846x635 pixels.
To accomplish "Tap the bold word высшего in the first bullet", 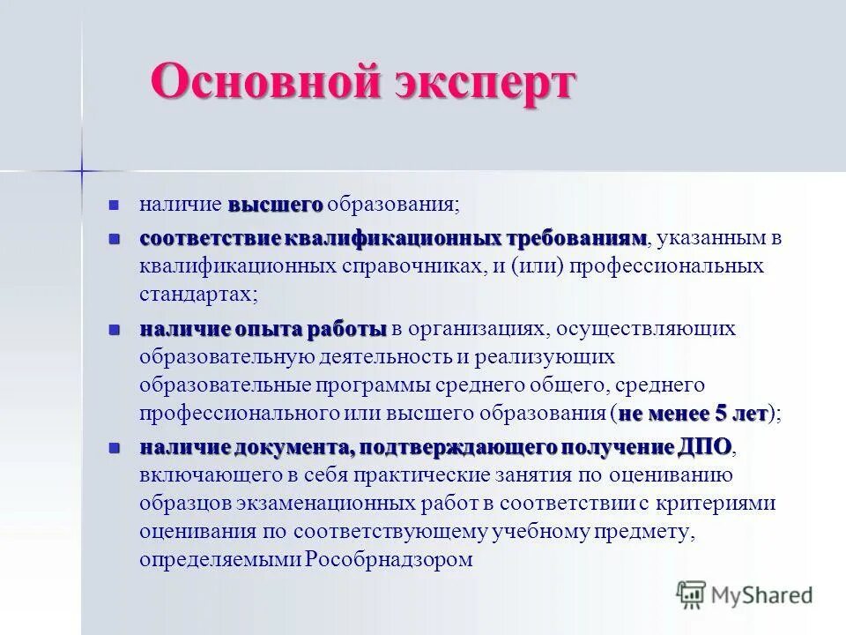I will coord(276,205).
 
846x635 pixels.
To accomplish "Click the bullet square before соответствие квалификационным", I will coord(113,239).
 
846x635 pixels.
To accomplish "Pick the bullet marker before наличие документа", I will coord(113,447).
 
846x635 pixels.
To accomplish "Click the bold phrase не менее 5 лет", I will coord(692,413).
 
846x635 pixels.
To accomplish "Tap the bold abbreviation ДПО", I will coord(705,447).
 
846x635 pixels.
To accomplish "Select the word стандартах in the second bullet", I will coord(196,295).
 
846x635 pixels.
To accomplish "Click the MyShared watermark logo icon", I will coord(692,595).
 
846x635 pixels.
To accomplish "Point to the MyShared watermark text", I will coord(764,595).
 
